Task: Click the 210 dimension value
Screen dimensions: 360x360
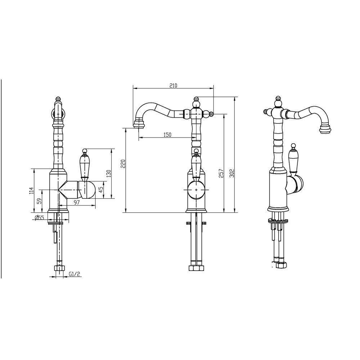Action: (173, 86)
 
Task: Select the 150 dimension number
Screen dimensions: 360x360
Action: (167, 135)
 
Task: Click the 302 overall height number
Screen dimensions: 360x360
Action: (233, 174)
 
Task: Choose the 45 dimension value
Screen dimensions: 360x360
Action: (101, 189)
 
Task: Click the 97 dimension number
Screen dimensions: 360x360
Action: (77, 203)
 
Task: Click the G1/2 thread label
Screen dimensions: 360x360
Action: (74, 274)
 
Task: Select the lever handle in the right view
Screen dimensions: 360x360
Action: (294, 158)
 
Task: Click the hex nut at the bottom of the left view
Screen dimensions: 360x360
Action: (58, 268)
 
